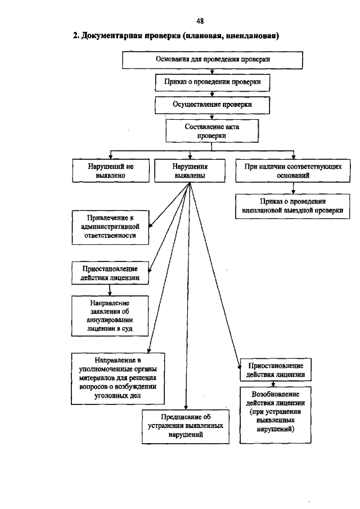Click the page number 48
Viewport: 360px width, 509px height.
(200, 21)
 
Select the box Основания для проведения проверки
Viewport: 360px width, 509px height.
(212, 59)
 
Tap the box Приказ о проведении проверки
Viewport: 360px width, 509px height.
(212, 82)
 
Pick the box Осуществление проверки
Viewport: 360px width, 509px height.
(212, 105)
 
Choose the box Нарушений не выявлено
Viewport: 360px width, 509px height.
(110, 171)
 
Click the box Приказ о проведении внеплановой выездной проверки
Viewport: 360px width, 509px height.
(291, 206)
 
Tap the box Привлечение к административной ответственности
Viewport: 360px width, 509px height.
(110, 227)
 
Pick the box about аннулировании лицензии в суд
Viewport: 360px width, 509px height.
(110, 316)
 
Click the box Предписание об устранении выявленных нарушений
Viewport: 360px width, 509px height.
(186, 426)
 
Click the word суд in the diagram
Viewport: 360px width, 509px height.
(128, 328)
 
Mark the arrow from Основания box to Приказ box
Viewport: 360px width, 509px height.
(212, 71)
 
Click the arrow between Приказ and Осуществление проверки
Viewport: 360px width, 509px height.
(212, 94)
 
